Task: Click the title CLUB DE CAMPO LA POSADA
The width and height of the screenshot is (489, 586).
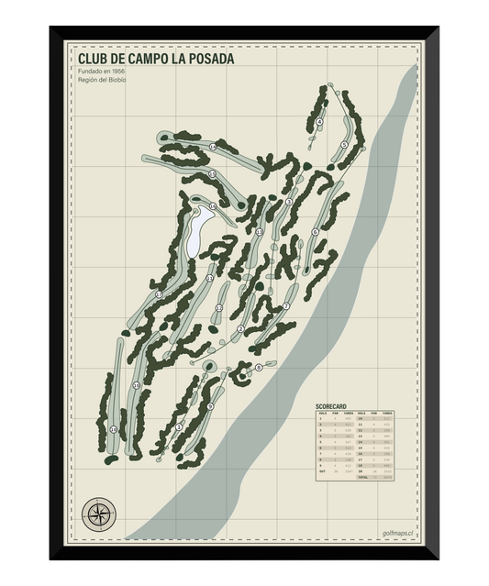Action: coord(156,59)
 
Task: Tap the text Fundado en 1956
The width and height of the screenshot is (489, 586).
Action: coord(102,72)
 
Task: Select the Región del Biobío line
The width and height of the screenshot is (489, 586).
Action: coord(103,81)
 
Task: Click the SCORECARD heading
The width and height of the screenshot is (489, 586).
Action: coord(331,405)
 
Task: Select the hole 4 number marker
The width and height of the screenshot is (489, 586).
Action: coord(320,122)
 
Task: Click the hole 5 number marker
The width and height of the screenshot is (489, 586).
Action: coord(343,145)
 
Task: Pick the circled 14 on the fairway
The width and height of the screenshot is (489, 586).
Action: coord(212,147)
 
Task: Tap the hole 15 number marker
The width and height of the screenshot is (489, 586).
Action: coord(212,174)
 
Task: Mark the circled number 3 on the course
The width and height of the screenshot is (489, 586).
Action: coord(289,202)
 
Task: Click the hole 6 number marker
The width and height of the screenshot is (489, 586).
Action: coord(315,232)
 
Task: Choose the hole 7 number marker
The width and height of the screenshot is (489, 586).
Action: coord(286,305)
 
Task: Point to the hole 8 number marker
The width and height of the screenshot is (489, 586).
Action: coord(259,367)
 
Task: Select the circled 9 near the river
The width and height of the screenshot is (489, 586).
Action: coord(210,406)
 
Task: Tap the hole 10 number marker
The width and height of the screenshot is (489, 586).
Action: coord(136,386)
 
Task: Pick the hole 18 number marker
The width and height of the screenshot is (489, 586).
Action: coord(113,429)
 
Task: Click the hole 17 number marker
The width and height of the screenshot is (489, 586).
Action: coord(159,294)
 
